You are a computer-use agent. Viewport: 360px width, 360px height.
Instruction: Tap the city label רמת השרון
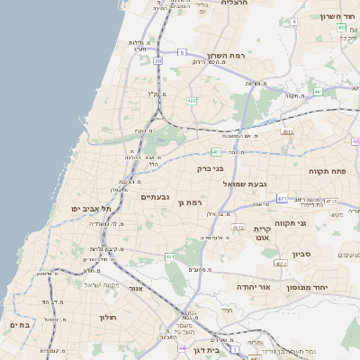[250, 56]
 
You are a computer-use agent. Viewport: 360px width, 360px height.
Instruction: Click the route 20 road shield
[157, 60]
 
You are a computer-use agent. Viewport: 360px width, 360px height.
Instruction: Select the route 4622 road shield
[281, 264]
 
